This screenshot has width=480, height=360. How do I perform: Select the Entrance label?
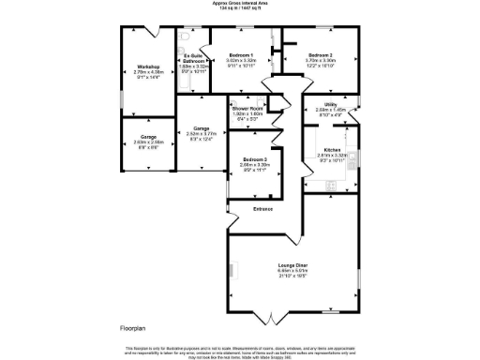(262, 209)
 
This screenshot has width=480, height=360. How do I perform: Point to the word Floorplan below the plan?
(133, 328)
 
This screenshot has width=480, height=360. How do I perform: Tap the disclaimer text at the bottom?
(240, 351)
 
